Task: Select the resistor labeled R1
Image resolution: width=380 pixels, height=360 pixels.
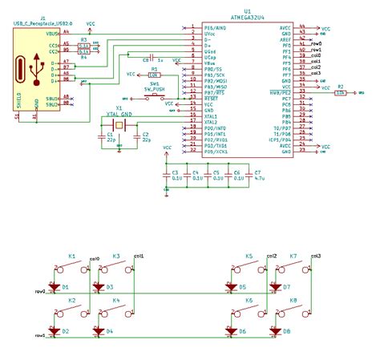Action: coord(154,74)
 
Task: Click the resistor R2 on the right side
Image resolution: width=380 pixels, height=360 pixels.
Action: coord(342,93)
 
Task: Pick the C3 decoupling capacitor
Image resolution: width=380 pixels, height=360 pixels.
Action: coord(167,175)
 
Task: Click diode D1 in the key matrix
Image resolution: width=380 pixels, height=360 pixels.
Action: coord(55,286)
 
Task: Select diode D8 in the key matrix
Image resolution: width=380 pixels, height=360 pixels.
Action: coord(275,330)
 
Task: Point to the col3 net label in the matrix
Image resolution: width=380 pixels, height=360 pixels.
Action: coord(315,256)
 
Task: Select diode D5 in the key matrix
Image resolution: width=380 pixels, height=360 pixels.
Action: coord(232,286)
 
